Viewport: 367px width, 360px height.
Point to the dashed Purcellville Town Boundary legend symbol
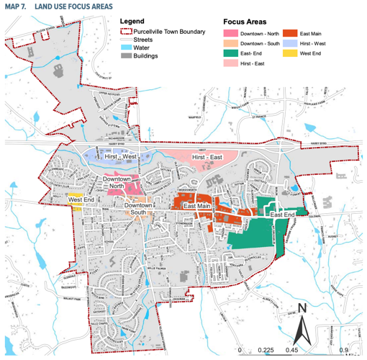click(x=124, y=35)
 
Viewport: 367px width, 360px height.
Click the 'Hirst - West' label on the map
click(x=120, y=156)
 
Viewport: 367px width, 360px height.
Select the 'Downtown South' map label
click(x=137, y=209)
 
